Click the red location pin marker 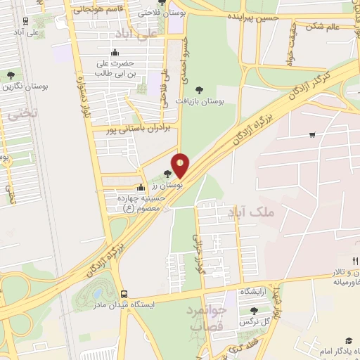click(x=181, y=165)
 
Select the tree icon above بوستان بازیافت click(x=200, y=90)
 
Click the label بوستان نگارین click(x=17, y=86)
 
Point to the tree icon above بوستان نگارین click(x=10, y=75)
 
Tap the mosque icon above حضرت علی click(x=115, y=53)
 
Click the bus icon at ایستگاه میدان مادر click(x=124, y=294)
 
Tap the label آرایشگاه click(x=255, y=291)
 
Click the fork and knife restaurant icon click(x=355, y=261)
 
